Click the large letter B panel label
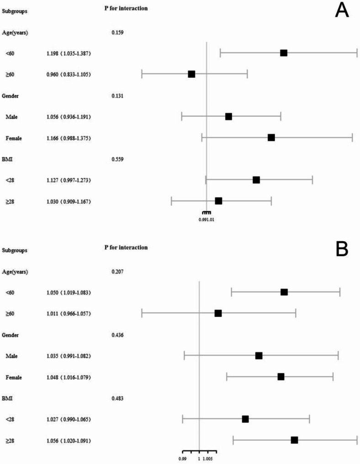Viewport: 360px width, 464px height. [x=342, y=250]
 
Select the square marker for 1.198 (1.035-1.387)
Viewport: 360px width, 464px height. [x=284, y=53]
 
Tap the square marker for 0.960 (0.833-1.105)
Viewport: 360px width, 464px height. [x=191, y=74]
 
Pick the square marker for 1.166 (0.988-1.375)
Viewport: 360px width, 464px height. [x=271, y=137]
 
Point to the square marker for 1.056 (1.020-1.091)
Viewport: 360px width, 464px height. [x=294, y=440]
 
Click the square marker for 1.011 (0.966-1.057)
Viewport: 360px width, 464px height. [x=218, y=313]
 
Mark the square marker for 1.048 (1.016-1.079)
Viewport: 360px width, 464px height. [x=281, y=377]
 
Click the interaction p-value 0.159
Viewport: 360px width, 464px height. [x=117, y=32]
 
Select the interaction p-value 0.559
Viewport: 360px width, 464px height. [x=117, y=159]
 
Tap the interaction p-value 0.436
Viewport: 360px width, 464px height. [x=117, y=335]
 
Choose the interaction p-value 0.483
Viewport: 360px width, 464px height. [x=117, y=398]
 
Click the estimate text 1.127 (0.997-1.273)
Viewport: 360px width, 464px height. [x=69, y=180]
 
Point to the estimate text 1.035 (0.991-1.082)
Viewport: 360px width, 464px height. [x=69, y=356]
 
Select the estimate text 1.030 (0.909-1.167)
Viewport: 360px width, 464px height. [x=69, y=201]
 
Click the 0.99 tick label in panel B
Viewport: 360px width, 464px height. [x=183, y=459]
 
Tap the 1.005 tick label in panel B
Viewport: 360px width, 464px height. [x=208, y=459]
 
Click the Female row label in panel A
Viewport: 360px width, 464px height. [x=14, y=138]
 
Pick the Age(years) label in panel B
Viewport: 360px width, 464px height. [x=15, y=272]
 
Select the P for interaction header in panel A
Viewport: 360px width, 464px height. [x=126, y=8]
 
